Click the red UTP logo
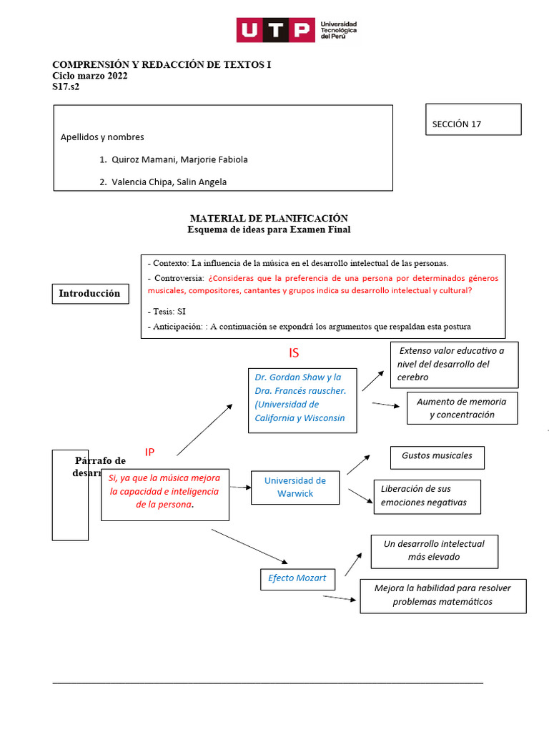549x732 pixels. pyautogui.click(x=275, y=30)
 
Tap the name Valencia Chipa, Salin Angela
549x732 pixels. pyautogui.click(x=169, y=182)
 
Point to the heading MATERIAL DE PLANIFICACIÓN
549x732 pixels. pyautogui.click(x=269, y=218)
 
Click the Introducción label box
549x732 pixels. pyautogui.click(x=89, y=294)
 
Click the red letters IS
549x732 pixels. pyautogui.click(x=294, y=353)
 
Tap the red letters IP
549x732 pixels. pyautogui.click(x=149, y=452)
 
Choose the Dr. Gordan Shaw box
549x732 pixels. pyautogui.click(x=302, y=397)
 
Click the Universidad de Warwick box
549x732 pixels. pyautogui.click(x=295, y=487)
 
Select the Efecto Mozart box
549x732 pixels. pyautogui.click(x=297, y=578)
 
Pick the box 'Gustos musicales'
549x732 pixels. pyautogui.click(x=437, y=456)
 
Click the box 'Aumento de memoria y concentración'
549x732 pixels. pyautogui.click(x=462, y=407)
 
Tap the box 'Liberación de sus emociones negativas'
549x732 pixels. pyautogui.click(x=427, y=496)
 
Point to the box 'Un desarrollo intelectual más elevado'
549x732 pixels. pyautogui.click(x=434, y=550)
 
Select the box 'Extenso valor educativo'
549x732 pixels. pyautogui.click(x=454, y=364)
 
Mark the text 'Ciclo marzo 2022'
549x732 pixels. pyautogui.click(x=90, y=76)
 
